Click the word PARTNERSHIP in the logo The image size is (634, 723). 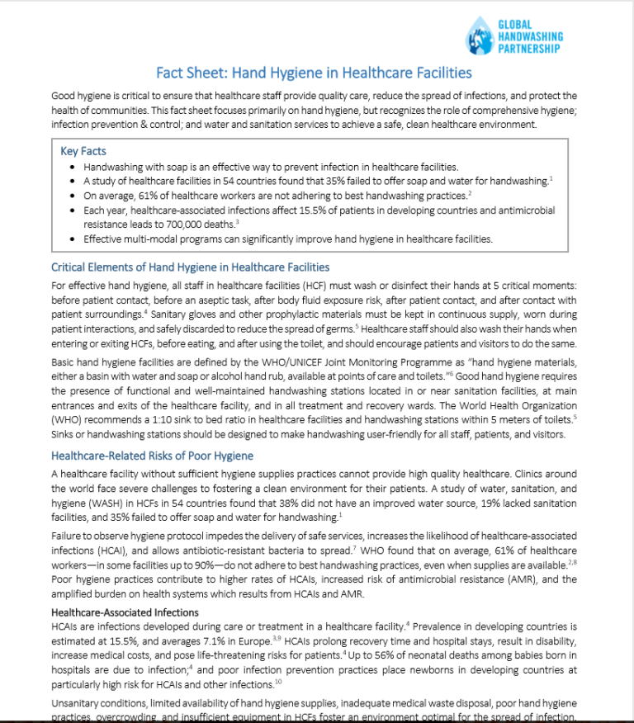[530, 49]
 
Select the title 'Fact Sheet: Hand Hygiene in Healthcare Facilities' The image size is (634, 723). [314, 73]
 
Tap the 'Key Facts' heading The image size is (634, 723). [83, 151]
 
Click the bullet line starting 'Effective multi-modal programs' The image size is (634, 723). [288, 239]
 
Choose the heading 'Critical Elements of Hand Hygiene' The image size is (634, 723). [190, 267]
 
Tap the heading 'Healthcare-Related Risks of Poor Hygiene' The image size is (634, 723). [152, 456]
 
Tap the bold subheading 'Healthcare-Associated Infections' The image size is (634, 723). [125, 612]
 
